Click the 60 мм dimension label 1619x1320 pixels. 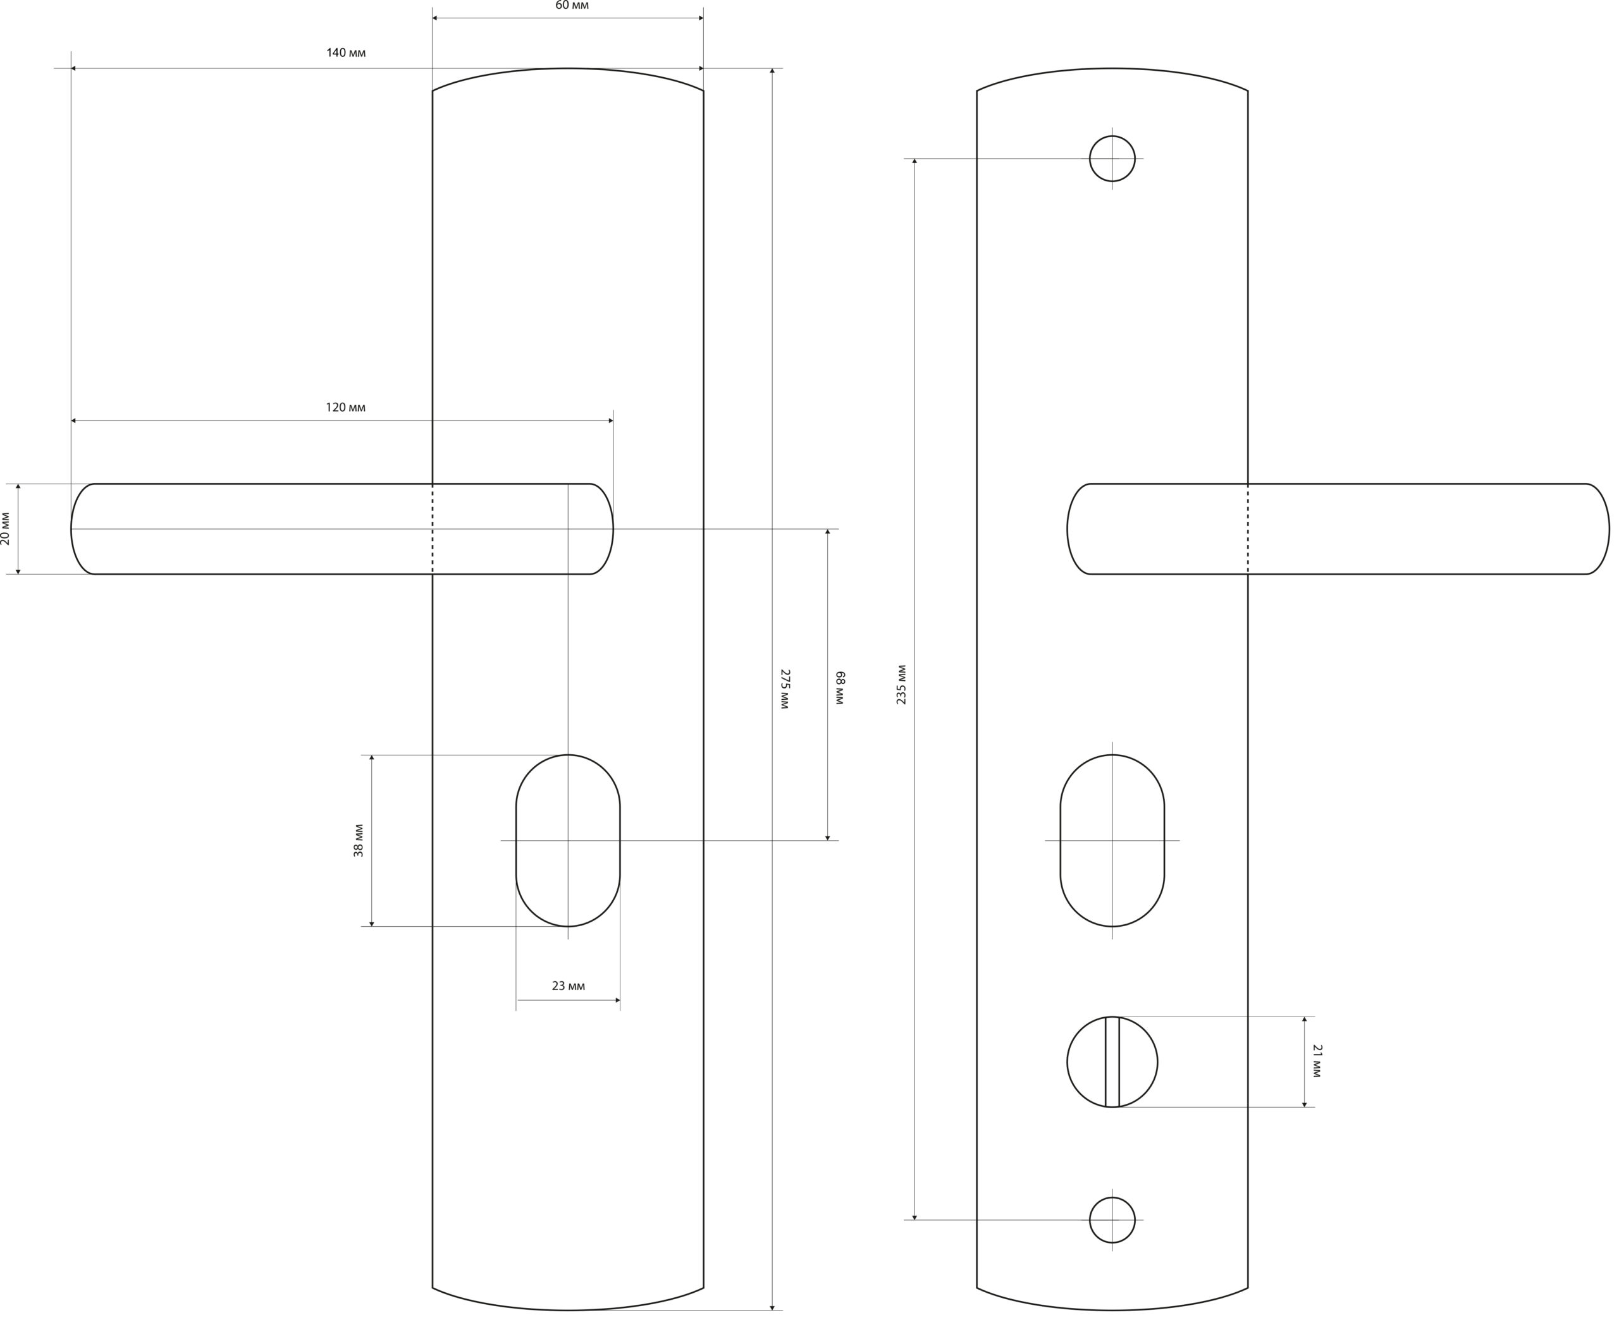point(572,5)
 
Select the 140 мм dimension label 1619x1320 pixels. point(346,52)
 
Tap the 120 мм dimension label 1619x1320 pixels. point(346,408)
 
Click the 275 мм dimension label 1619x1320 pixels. point(785,689)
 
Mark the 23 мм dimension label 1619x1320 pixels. point(568,986)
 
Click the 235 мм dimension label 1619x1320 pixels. point(901,684)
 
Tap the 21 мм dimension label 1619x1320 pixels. point(1318,1061)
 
